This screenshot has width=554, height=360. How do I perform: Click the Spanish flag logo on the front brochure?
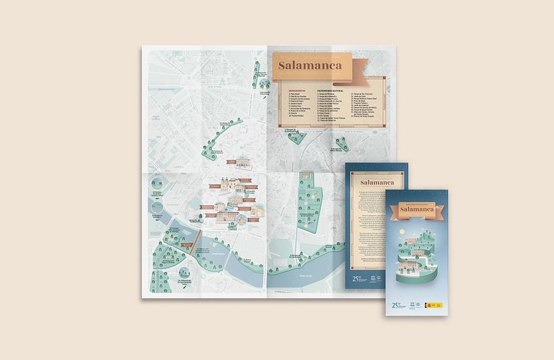coord(428,306)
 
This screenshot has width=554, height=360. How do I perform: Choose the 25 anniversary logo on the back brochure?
coord(358,278)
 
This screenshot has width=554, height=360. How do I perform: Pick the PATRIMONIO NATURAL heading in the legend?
coord(330,89)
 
